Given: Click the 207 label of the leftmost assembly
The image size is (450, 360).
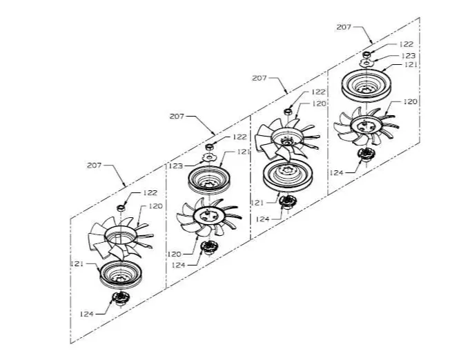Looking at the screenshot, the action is pos(94,166).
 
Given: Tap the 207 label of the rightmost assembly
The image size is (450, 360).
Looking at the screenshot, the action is pos(344,28).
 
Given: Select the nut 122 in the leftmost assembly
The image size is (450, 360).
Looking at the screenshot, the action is pos(121,208).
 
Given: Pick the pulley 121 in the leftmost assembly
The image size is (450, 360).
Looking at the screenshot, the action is pos(121,274).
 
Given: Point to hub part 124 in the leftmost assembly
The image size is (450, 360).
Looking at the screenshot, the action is pos(121,299).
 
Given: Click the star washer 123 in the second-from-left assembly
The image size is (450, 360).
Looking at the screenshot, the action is pos(208,157).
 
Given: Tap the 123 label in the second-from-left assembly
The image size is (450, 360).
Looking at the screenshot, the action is pos(175,166).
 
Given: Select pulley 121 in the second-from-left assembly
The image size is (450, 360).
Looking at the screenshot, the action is pos(208,179).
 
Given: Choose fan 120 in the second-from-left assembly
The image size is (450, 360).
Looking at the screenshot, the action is pos(208,217).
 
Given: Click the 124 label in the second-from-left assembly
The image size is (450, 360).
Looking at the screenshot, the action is pos(179,265).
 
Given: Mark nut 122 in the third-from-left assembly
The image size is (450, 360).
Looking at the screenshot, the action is pos(288,111).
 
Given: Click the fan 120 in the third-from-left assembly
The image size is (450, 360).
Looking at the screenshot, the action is pos(287,138).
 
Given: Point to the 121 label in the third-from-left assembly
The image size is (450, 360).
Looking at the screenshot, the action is pos(257,203).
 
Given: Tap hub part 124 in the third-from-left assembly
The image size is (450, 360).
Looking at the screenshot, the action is pos(286,201).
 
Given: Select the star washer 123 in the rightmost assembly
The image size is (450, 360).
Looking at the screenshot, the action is pos(366,63).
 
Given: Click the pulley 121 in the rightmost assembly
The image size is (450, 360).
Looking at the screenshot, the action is pos(366,86).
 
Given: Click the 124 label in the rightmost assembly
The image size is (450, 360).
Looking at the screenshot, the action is pos(336,172).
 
